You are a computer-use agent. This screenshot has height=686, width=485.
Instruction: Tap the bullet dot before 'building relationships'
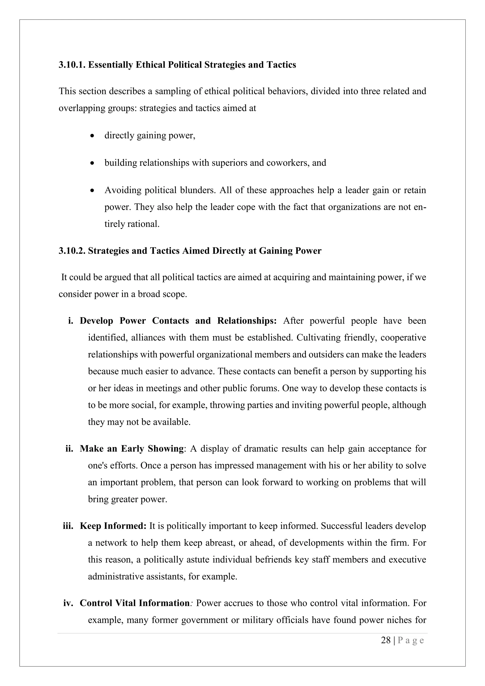click(92, 163)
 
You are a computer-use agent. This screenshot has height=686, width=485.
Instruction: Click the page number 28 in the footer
click(386, 640)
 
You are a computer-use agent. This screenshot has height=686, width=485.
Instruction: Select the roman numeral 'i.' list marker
click(71, 321)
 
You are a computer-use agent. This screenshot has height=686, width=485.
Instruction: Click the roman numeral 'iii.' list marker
click(68, 526)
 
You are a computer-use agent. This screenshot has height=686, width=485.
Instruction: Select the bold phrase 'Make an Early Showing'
click(132, 449)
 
